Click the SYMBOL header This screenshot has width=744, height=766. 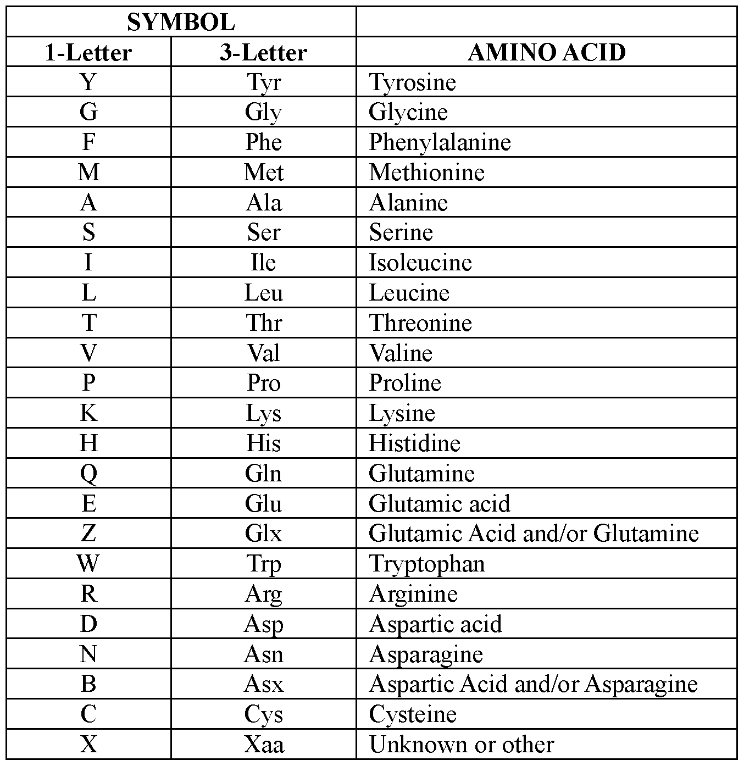(x=181, y=23)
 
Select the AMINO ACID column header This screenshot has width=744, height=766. (x=546, y=53)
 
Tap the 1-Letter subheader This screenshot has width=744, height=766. (x=88, y=53)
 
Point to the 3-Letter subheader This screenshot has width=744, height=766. (x=263, y=53)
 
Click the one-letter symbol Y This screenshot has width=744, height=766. (x=88, y=82)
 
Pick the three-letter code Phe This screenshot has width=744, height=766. (x=263, y=142)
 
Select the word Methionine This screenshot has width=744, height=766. (x=426, y=173)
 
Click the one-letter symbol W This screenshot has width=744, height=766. (x=88, y=564)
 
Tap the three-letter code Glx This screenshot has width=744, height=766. (x=263, y=534)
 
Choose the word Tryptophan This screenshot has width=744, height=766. (x=427, y=564)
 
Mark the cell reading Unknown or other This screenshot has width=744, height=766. (x=462, y=745)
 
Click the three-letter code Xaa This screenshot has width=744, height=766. (x=263, y=745)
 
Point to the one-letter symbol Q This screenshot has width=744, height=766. (x=88, y=474)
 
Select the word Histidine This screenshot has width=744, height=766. (x=414, y=443)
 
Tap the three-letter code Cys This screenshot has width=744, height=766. (x=263, y=714)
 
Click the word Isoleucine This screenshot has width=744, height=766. (x=420, y=263)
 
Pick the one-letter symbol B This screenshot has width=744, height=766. (x=88, y=684)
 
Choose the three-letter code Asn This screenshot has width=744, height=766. (x=263, y=654)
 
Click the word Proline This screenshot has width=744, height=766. (x=405, y=383)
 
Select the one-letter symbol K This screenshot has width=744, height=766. (x=88, y=413)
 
